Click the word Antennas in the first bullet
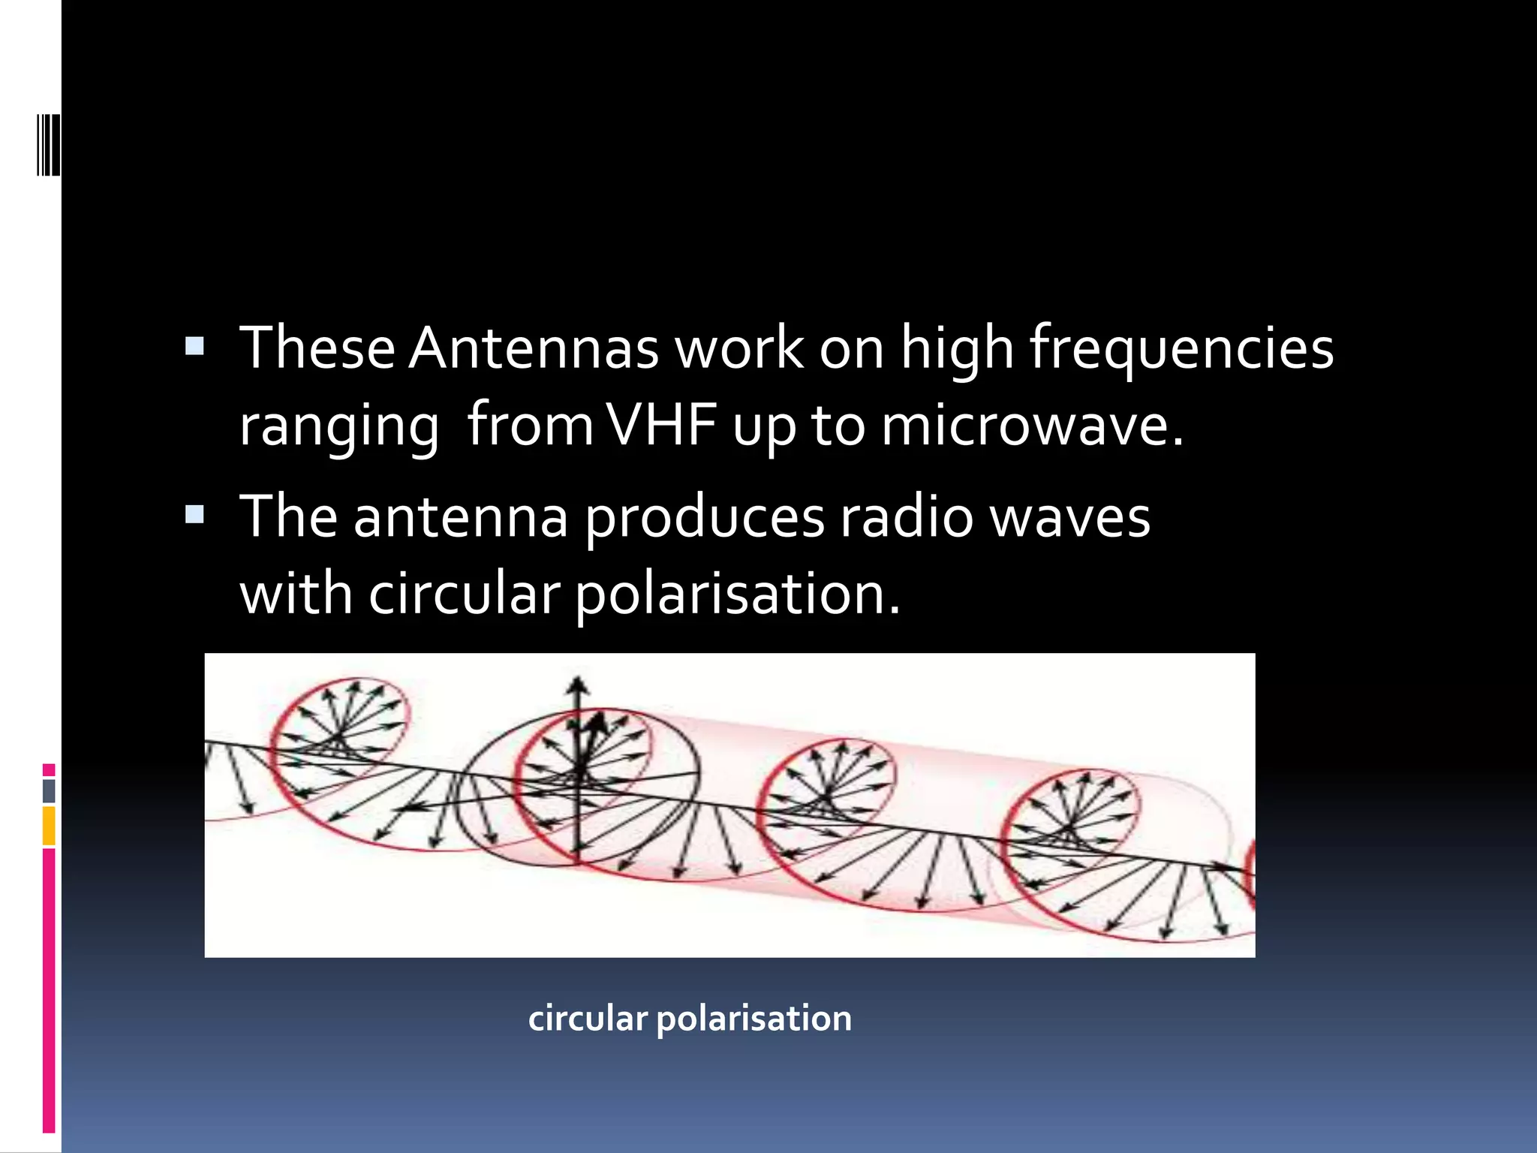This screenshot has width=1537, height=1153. tap(533, 348)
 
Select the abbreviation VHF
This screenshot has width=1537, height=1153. tap(660, 426)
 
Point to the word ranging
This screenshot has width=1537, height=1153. tap(338, 426)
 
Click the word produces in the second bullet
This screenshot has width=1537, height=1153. tap(704, 518)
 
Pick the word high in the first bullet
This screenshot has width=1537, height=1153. tap(958, 348)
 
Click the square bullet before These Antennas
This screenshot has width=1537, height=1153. tap(194, 346)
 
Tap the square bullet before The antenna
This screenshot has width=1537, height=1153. tap(194, 514)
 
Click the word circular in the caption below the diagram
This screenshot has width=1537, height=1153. tap(587, 1019)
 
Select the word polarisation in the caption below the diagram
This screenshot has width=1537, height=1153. tap(753, 1019)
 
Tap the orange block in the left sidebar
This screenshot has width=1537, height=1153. tap(49, 826)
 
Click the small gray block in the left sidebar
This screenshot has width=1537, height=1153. tap(49, 790)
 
